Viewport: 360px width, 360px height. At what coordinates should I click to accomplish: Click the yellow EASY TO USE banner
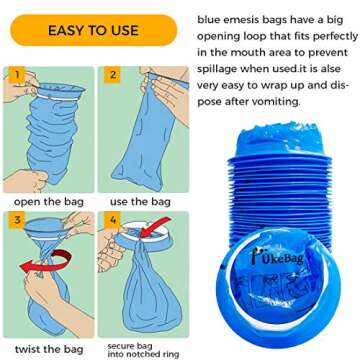click(x=93, y=30)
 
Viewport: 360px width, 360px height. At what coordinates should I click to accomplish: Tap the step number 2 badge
click(x=113, y=75)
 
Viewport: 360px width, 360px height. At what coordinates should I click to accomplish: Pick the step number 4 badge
click(x=113, y=220)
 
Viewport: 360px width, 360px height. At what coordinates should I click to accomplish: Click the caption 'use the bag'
click(x=139, y=202)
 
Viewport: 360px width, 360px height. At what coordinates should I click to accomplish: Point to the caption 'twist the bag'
click(x=47, y=348)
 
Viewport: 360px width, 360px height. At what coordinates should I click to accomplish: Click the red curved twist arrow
click(x=44, y=262)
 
